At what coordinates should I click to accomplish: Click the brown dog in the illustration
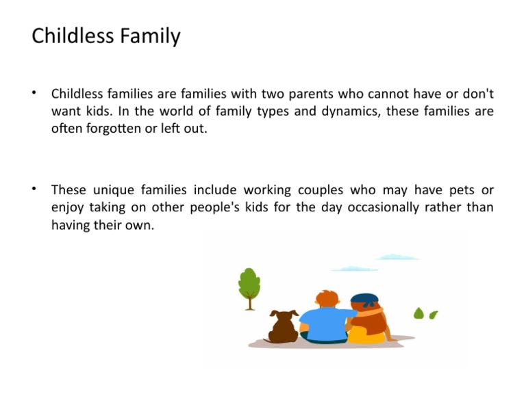pyautogui.click(x=283, y=326)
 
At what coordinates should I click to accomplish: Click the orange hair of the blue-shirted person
pyautogui.click(x=328, y=300)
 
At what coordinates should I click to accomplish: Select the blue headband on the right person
pyautogui.click(x=364, y=298)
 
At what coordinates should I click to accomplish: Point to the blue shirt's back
pyautogui.click(x=324, y=322)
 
